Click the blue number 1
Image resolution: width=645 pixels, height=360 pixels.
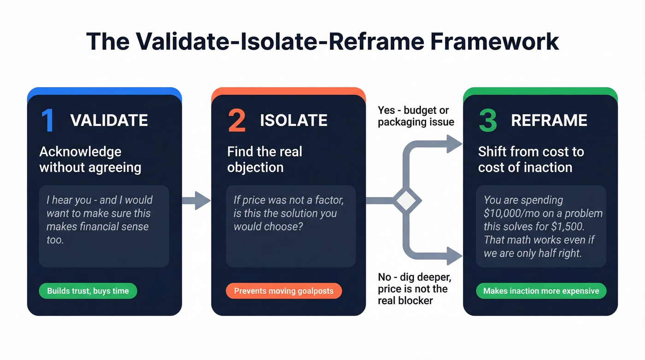(47, 121)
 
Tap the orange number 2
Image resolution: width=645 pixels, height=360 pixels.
(237, 121)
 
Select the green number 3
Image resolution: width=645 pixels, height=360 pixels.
(488, 121)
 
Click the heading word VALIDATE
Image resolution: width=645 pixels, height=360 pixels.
(109, 121)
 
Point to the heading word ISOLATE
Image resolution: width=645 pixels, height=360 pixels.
(293, 121)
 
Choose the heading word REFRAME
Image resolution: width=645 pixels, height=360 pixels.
(549, 121)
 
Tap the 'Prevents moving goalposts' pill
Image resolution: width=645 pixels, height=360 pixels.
(284, 291)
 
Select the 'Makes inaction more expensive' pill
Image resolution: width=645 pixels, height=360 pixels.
(541, 291)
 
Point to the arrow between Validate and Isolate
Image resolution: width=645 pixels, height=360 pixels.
(196, 201)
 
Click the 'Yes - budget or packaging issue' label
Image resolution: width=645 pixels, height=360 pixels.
(416, 116)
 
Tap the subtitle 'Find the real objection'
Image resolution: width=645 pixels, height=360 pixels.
(264, 159)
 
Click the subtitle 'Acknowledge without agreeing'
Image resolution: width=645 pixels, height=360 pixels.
(90, 159)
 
